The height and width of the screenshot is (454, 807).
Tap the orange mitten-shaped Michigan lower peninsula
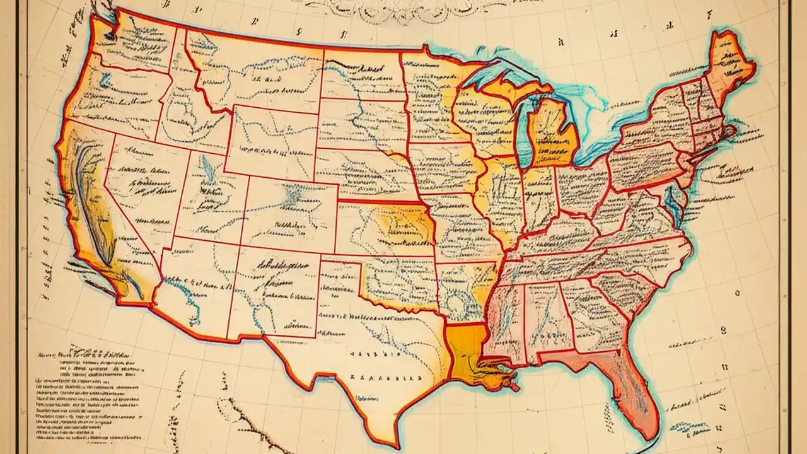(x=552, y=136)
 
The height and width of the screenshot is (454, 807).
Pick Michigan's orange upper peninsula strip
(x=504, y=85)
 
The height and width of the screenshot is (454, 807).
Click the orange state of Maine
(x=731, y=60)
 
